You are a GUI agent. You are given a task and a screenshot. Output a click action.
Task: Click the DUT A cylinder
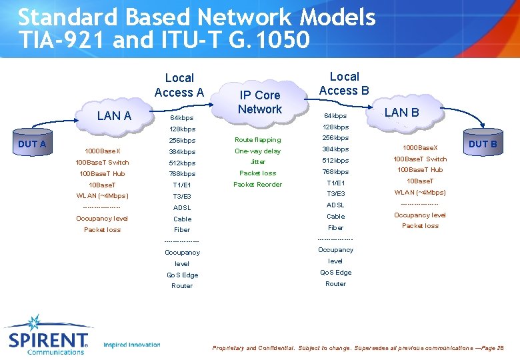(x=32, y=145)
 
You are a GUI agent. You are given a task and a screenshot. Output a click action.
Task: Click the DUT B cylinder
(x=483, y=144)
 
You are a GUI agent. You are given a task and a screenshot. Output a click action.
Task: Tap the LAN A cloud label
(x=114, y=116)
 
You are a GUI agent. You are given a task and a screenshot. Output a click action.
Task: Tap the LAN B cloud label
(x=401, y=113)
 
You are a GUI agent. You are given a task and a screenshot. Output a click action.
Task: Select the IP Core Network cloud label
(x=259, y=102)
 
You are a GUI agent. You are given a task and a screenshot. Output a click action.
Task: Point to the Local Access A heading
(x=179, y=85)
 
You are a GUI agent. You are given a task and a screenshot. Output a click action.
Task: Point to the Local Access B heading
(x=344, y=83)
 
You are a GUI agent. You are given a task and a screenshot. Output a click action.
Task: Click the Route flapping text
(x=257, y=140)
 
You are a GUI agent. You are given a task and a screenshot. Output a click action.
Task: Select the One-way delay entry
(x=257, y=151)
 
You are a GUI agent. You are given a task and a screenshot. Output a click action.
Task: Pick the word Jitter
(x=257, y=162)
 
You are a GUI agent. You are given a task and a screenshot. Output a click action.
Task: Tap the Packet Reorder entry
(x=257, y=185)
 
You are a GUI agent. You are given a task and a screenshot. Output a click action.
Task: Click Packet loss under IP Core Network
(x=257, y=173)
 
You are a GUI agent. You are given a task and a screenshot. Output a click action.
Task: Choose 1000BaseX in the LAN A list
(x=103, y=151)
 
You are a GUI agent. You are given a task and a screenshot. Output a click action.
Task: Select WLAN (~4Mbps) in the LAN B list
(x=419, y=193)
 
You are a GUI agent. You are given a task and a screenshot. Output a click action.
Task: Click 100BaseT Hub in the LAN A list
(x=102, y=174)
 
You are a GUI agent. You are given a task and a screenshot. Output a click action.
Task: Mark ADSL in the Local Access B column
(x=335, y=205)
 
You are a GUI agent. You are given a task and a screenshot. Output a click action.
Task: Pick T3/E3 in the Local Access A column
(x=182, y=197)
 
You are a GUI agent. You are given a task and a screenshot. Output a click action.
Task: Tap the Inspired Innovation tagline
(x=132, y=345)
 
